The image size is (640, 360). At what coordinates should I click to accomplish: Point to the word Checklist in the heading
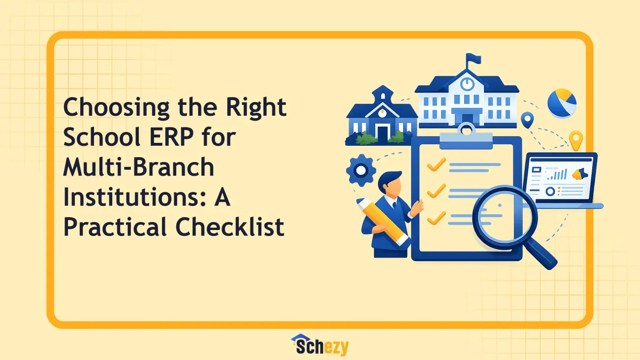tap(230, 227)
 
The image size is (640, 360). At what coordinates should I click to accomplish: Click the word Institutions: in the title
tap(134, 197)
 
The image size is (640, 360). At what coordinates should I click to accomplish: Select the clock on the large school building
tap(467, 84)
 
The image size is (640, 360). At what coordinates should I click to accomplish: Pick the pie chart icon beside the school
tap(562, 103)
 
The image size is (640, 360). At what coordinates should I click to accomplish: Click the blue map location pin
tap(527, 120)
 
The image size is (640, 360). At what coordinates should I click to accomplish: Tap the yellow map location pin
tap(576, 140)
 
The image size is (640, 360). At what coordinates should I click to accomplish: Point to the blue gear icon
tap(361, 170)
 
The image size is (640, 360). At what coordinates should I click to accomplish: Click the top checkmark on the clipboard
tap(436, 165)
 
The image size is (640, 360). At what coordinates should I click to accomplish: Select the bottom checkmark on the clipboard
tap(436, 218)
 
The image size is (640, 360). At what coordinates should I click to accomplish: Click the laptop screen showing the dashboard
tap(560, 178)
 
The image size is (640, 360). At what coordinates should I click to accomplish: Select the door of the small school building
tap(383, 133)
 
